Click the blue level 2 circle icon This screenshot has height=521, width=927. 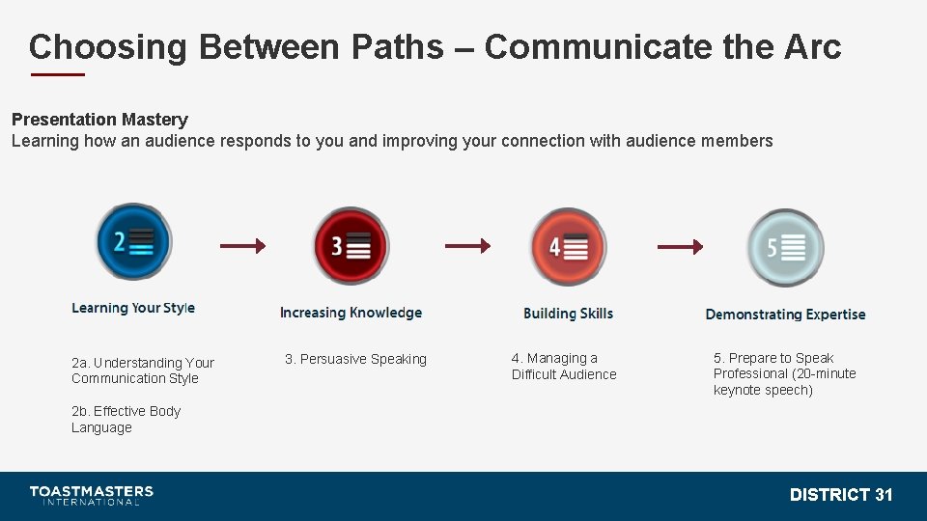pos(133,241)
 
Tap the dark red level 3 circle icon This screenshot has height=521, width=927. pos(351,246)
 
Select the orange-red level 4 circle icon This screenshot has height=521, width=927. pos(568,247)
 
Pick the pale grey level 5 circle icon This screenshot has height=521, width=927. pos(785,248)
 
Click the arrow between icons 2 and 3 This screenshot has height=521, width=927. pos(242,246)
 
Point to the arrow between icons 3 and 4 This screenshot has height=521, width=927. pos(467,246)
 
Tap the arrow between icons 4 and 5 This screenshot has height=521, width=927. pos(680,247)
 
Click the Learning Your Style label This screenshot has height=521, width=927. pos(133,308)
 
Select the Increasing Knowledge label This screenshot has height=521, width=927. pos(351,313)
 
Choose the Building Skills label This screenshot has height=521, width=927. pos(568,314)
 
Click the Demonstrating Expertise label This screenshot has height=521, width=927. pos(785,315)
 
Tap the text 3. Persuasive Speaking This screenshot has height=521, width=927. pos(355,359)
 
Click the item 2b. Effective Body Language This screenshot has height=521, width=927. pos(126,420)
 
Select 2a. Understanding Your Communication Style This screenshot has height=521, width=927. pos(142,370)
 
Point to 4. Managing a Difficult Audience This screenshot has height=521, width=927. pos(563,367)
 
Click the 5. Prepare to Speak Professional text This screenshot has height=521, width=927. pos(784,374)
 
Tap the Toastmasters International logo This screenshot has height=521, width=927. pos(91,495)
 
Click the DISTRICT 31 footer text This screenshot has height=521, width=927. pos(841,495)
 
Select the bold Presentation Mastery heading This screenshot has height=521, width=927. pos(99,120)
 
